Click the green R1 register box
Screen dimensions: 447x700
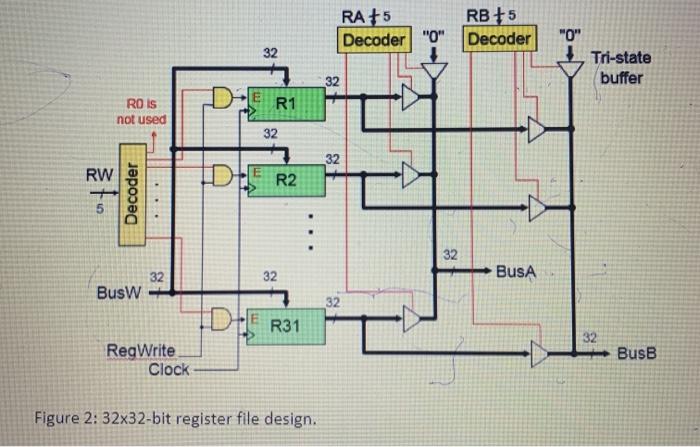pyautogui.click(x=286, y=102)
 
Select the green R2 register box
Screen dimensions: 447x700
pyautogui.click(x=286, y=180)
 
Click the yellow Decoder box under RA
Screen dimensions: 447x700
pyautogui.click(x=375, y=40)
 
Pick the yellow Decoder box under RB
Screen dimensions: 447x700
pyautogui.click(x=500, y=40)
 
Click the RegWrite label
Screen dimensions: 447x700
pyautogui.click(x=140, y=351)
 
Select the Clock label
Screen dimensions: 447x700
pyautogui.click(x=168, y=369)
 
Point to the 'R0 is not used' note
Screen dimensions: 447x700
pyautogui.click(x=140, y=111)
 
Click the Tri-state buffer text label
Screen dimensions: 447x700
pyautogui.click(x=623, y=68)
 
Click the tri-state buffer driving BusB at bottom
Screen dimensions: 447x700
pyautogui.click(x=540, y=353)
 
